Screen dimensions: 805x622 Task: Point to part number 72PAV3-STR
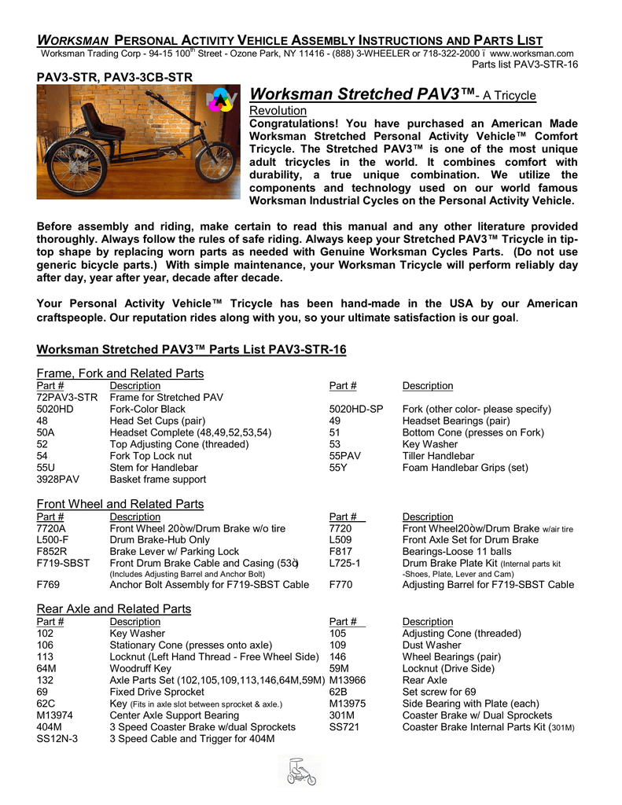pos(67,398)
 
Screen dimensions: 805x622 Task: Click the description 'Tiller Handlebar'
pos(438,456)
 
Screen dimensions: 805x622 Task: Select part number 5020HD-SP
pos(356,410)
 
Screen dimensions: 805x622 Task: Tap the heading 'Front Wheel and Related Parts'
pos(120,504)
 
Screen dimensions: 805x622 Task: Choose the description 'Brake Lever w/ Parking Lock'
pos(175,552)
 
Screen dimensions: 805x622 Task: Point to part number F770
pos(341,585)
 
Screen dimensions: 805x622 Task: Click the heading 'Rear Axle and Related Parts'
pos(114,608)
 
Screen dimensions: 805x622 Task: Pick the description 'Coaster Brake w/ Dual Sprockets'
pos(477,715)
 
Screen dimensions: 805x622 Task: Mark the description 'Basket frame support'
pos(158,479)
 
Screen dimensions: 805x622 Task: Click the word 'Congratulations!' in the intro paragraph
pos(293,123)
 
